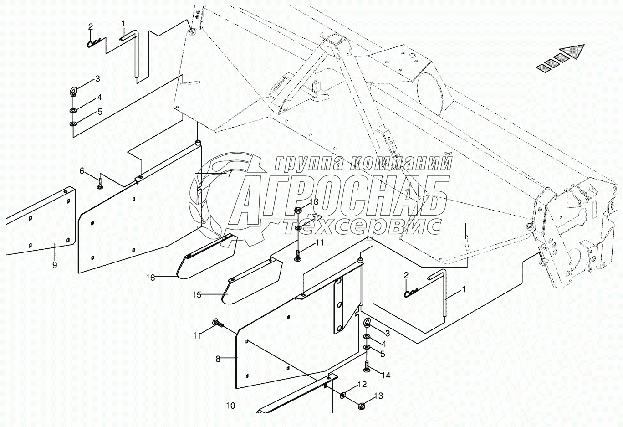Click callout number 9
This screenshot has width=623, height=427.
55,265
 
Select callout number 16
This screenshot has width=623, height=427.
151,277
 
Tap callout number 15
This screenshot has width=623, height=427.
196,295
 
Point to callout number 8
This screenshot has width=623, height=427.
218,359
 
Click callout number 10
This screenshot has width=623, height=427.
230,406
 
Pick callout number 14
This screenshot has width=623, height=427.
386,376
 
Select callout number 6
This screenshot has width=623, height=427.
82,171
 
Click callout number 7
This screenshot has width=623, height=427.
230,174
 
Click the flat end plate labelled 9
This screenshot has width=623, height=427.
41,223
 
